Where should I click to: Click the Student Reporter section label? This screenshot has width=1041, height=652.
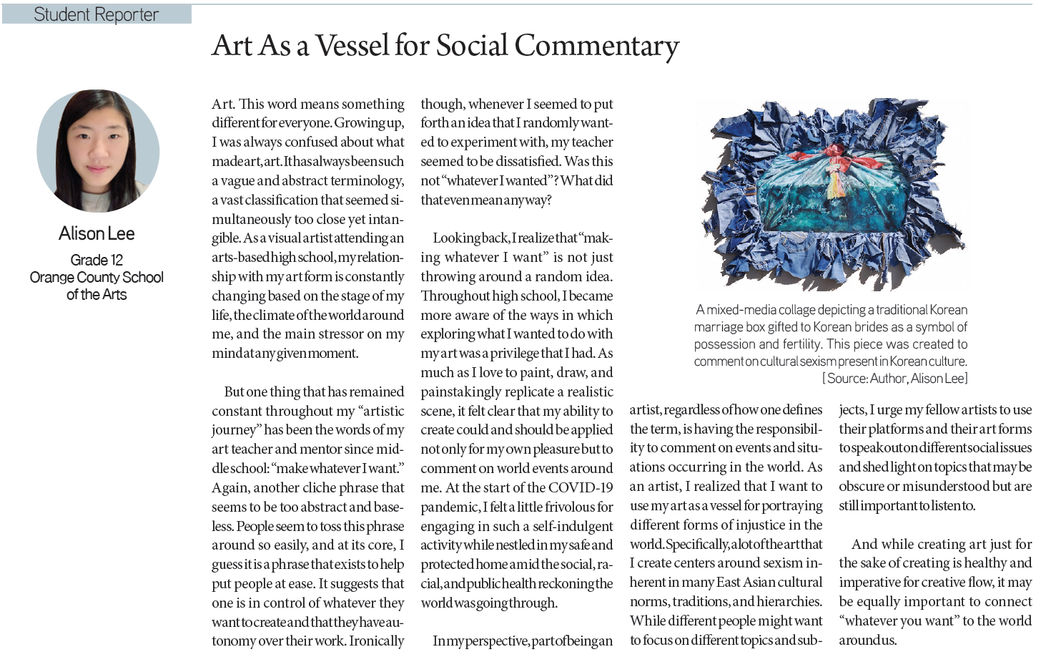tap(96, 14)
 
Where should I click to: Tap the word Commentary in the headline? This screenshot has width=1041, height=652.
tap(596, 47)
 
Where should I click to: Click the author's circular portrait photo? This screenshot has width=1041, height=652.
tap(98, 151)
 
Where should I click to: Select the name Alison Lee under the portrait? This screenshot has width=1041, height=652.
tap(97, 233)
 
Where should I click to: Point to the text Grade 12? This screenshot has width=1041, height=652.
tap(97, 260)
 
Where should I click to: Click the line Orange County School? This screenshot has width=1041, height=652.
tap(97, 277)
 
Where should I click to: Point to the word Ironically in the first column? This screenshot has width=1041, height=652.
tap(376, 641)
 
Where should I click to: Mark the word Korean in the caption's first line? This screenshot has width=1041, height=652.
tap(947, 310)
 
